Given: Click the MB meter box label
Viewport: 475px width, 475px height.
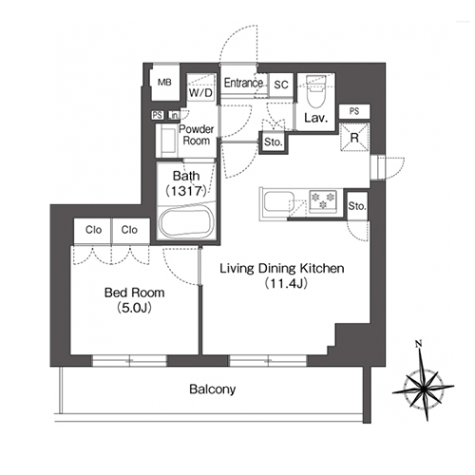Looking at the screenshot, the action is coord(164,83).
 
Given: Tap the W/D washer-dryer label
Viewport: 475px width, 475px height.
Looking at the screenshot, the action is coord(200,93).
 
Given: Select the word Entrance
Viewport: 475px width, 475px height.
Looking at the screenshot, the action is coord(243,83).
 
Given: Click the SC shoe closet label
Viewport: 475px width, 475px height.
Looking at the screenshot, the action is coord(281,85).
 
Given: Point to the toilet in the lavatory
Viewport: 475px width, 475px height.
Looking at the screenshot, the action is coord(316,92).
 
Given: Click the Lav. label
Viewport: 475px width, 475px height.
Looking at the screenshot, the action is coord(315,118).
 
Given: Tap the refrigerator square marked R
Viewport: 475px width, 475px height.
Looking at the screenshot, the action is coord(354,138).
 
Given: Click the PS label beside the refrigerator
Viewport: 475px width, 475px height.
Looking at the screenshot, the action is coord(354,111).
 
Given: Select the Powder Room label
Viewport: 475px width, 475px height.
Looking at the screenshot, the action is coord(197,135).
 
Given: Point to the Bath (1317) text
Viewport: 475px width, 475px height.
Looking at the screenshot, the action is coord(186,183).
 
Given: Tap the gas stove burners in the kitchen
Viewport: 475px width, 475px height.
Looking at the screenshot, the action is coord(323,200).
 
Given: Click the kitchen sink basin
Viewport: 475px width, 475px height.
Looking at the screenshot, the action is coord(276,201).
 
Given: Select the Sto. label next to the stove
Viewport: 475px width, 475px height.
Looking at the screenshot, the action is coord(357,206).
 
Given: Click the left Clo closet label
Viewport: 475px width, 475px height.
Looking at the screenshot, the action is coord(93,230).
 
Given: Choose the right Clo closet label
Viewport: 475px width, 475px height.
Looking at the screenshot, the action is coord(129,230).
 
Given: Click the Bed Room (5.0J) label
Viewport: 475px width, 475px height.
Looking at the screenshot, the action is coord(135,300).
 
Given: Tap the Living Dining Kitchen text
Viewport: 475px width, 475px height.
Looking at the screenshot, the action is coord(282,268).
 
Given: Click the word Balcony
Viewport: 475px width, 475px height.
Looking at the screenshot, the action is coord(213,389).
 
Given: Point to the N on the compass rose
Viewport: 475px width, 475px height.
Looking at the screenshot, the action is coord(419,343).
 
